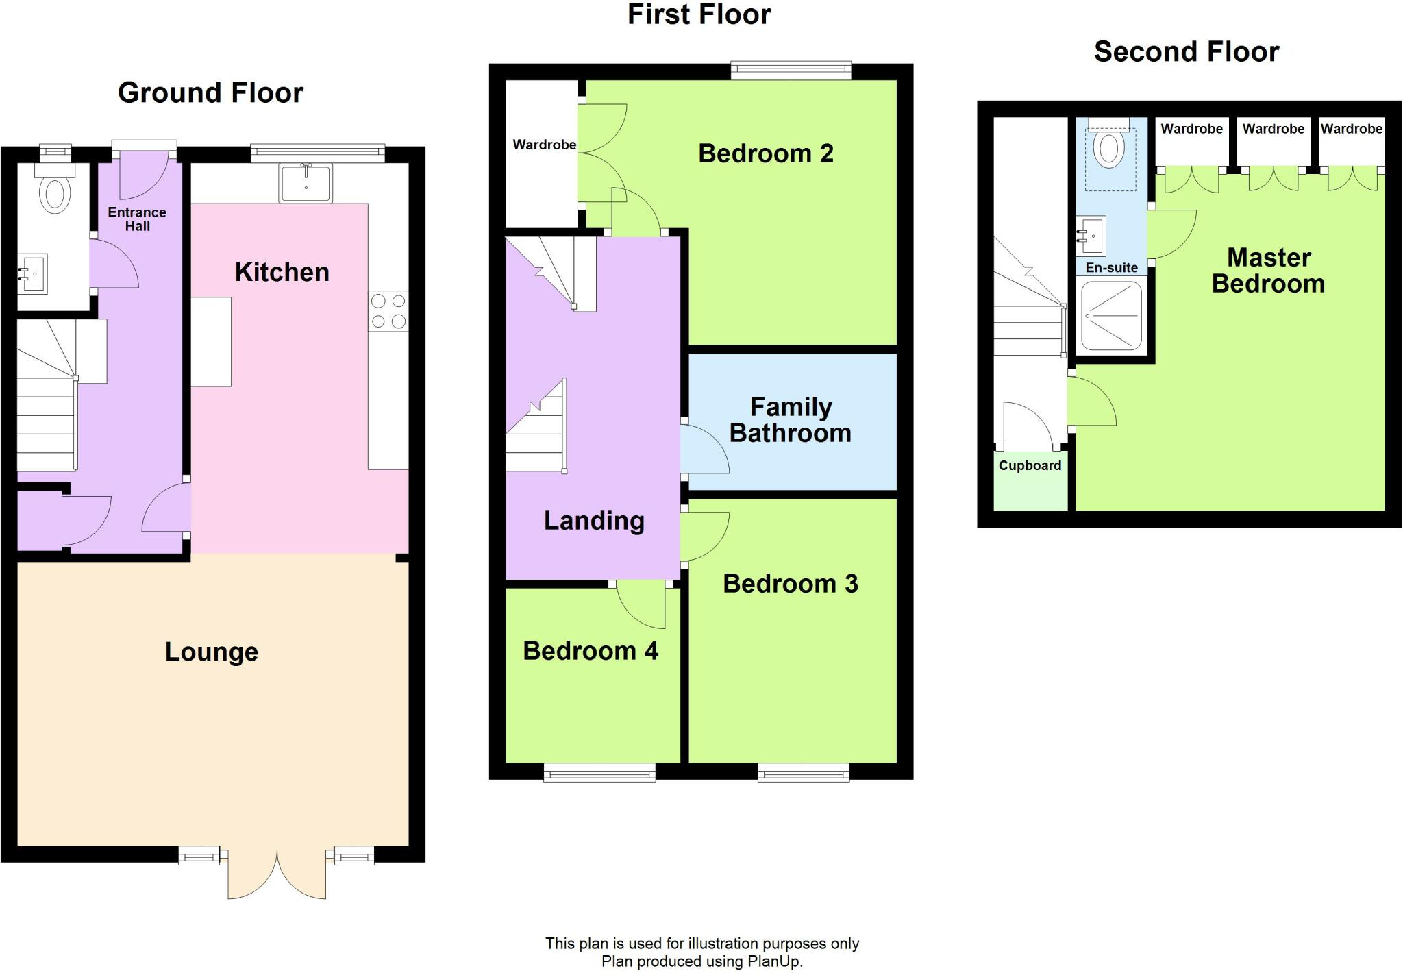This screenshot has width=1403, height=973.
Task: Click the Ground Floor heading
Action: tap(210, 93)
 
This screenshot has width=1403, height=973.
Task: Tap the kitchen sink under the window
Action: tap(306, 183)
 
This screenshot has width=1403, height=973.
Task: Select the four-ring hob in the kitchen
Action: tap(388, 311)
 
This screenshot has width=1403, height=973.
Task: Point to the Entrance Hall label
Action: tap(137, 219)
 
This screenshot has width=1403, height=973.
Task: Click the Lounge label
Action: tap(211, 652)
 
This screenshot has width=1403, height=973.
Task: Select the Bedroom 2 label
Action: tap(765, 153)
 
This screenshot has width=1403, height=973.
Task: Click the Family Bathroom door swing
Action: tap(704, 449)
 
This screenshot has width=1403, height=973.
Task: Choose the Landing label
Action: tap(594, 521)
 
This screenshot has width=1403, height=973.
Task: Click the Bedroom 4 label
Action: tap(590, 651)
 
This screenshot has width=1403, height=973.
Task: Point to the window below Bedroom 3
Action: tap(803, 774)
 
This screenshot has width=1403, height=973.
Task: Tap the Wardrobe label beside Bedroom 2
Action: tap(544, 145)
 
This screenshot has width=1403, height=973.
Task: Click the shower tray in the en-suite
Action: tap(1111, 315)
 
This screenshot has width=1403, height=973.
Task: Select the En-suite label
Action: tap(1111, 268)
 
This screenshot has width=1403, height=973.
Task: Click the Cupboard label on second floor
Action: tap(1030, 466)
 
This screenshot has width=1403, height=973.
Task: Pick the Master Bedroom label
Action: tap(1268, 271)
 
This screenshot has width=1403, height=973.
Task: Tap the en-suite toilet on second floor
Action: tap(1108, 149)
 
